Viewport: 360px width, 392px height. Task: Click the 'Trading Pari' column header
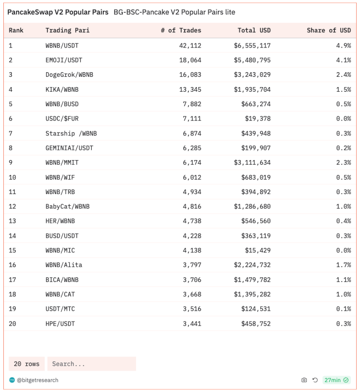(67, 30)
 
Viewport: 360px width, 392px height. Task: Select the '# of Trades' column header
(181, 30)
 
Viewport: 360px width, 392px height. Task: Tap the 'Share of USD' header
(329, 30)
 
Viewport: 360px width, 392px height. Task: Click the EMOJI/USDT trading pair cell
(64, 60)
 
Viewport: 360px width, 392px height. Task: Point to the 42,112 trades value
(190, 45)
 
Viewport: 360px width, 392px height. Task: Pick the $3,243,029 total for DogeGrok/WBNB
(252, 75)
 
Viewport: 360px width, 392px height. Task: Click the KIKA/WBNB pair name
(62, 89)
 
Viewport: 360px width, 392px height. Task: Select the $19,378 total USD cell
(258, 118)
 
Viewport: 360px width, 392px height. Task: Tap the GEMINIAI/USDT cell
(69, 148)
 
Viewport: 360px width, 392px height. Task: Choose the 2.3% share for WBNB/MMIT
(343, 162)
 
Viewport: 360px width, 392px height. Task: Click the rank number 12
(12, 206)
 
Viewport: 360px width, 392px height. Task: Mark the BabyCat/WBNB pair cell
(67, 206)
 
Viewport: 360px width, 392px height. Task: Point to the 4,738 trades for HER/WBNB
(192, 221)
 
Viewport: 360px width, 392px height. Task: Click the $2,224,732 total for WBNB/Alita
(252, 265)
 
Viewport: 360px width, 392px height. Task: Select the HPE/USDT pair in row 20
(60, 324)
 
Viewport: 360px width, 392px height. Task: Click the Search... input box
(91, 364)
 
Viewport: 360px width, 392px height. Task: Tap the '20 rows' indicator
(26, 364)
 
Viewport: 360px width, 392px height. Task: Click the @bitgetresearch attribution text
(37, 380)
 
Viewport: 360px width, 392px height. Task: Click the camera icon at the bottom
(304, 380)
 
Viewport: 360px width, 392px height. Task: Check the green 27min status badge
(336, 380)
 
